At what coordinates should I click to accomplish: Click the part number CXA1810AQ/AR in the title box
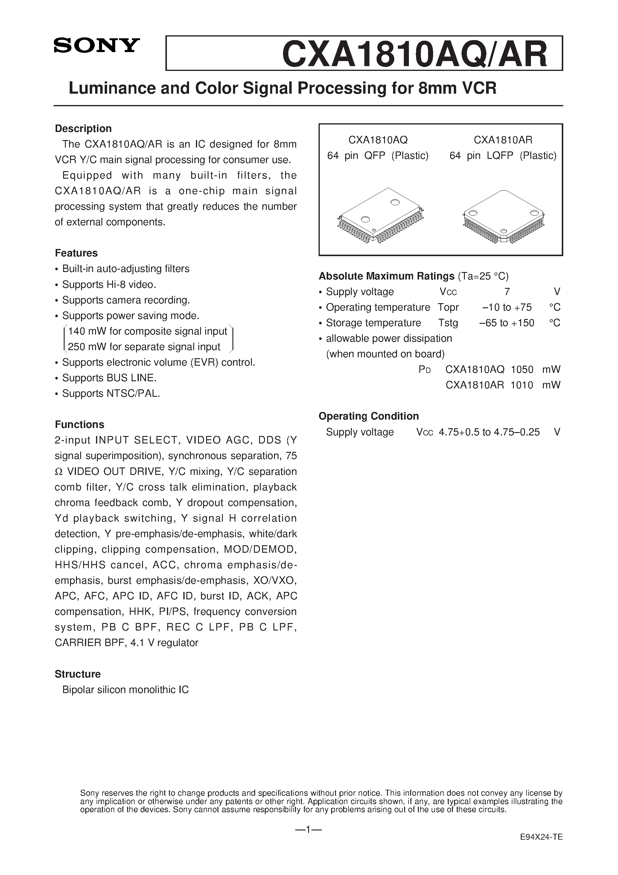pos(415,54)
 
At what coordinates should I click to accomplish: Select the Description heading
pos(83,128)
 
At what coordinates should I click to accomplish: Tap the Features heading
pos(76,253)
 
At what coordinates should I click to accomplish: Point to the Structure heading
pos(77,674)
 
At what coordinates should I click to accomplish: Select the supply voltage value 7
pos(507,292)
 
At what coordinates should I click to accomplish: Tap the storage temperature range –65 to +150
pos(507,323)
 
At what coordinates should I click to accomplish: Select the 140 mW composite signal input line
pos(147,332)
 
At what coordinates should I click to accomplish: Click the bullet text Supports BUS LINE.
pos(109,378)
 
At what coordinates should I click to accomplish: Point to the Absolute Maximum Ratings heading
pos(386,276)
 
